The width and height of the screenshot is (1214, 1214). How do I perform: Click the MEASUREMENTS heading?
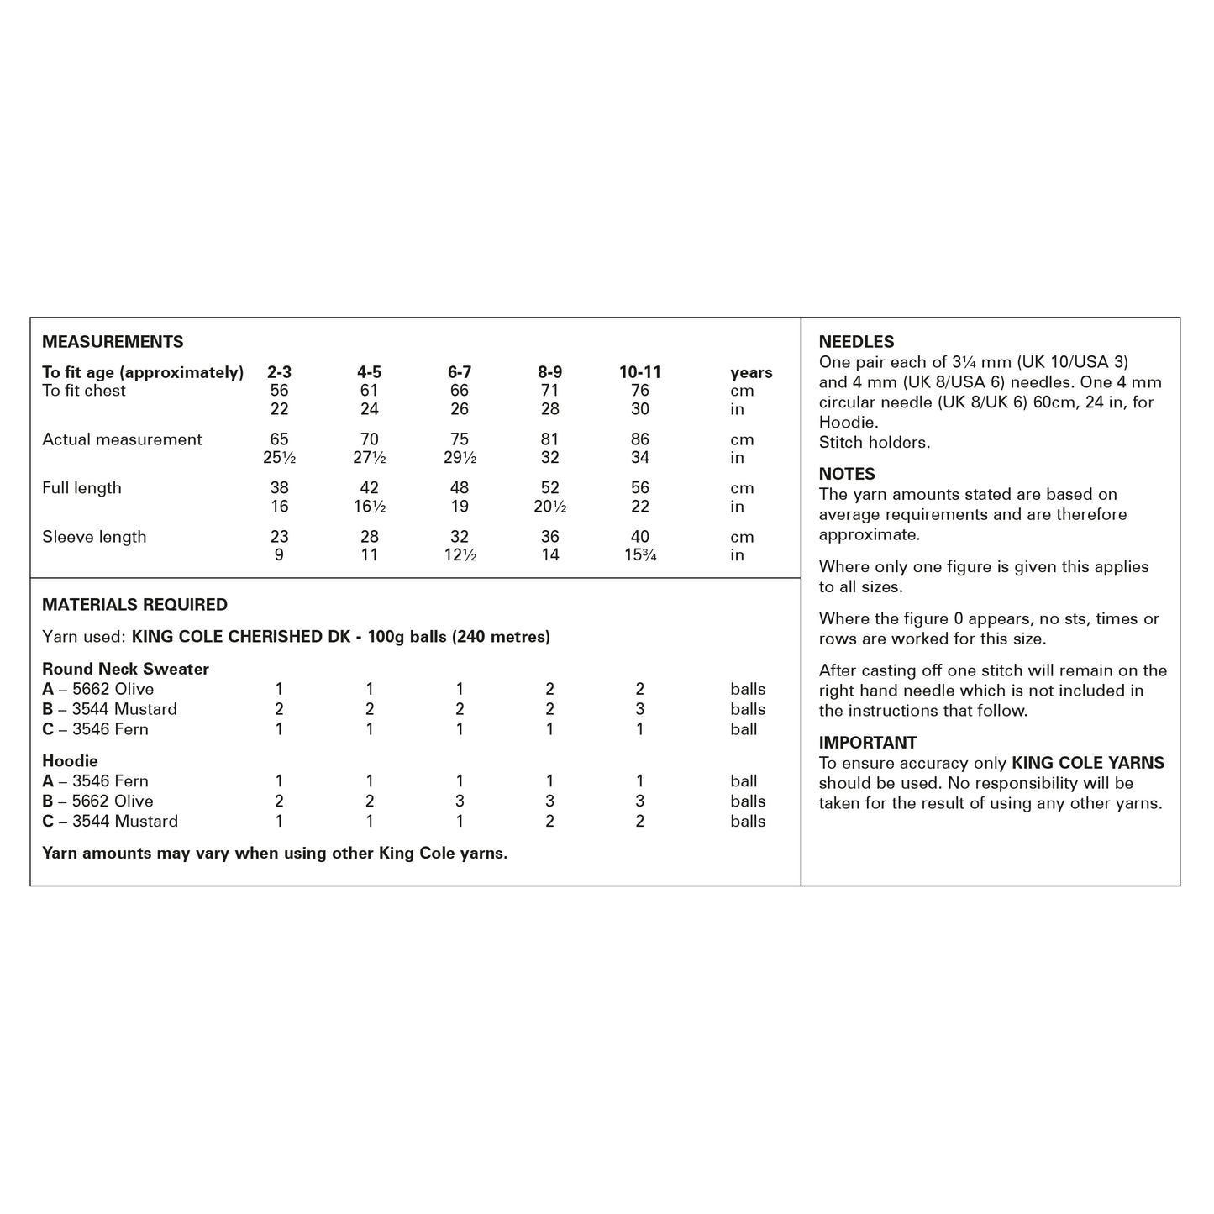pyautogui.click(x=113, y=342)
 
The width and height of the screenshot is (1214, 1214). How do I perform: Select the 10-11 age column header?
pyautogui.click(x=640, y=372)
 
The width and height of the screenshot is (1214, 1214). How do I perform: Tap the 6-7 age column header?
pyautogui.click(x=460, y=372)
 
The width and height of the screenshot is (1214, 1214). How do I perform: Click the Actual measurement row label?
pyautogui.click(x=122, y=439)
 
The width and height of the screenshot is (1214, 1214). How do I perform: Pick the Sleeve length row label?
pyautogui.click(x=94, y=537)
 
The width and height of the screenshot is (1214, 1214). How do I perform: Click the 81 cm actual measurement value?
pyautogui.click(x=550, y=439)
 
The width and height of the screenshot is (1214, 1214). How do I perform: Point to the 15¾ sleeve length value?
pyautogui.click(x=640, y=555)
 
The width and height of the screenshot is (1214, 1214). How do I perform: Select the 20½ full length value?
pyautogui.click(x=550, y=507)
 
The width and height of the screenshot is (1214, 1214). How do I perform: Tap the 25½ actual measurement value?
pyautogui.click(x=279, y=458)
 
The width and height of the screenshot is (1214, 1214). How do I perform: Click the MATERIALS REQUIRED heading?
pyautogui.click(x=134, y=605)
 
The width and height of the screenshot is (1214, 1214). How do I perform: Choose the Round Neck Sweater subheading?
pyautogui.click(x=125, y=669)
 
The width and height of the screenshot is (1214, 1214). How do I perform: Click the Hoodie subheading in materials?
pyautogui.click(x=70, y=761)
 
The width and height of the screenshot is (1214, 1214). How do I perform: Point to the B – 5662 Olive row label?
pyautogui.click(x=97, y=801)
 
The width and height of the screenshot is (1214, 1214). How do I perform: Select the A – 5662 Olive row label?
pyautogui.click(x=97, y=689)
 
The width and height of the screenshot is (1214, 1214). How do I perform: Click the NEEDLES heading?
pyautogui.click(x=856, y=342)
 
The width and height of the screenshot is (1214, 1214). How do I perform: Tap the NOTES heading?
pyautogui.click(x=847, y=474)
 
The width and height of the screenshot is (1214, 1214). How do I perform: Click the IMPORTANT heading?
pyautogui.click(x=868, y=743)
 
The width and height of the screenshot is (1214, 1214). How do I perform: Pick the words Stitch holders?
pyautogui.click(x=875, y=443)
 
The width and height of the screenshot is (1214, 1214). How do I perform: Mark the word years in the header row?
pyautogui.click(x=751, y=372)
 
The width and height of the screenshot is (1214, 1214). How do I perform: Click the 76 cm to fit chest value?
pyautogui.click(x=640, y=391)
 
